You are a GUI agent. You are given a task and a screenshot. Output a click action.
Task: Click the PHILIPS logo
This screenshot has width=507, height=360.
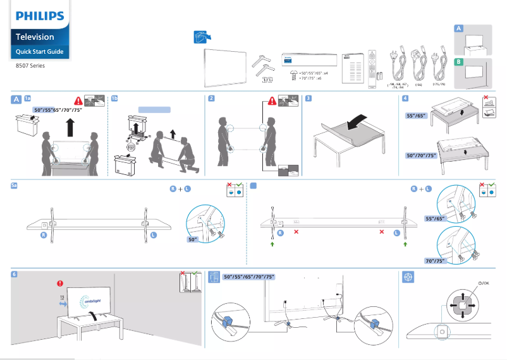(39, 15)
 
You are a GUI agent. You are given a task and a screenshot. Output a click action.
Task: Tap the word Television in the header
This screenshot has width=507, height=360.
(35, 37)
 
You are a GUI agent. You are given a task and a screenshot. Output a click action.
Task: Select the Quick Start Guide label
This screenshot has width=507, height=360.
(39, 51)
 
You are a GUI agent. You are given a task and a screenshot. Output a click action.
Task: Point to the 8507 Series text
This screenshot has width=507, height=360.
(30, 65)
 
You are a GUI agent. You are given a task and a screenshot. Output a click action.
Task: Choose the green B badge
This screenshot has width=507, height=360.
(459, 61)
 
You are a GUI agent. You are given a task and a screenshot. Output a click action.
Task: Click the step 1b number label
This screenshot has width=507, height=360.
(114, 99)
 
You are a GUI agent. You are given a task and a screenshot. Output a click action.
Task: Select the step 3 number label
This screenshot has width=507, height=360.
(307, 99)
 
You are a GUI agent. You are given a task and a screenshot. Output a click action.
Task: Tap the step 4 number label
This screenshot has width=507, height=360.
(405, 99)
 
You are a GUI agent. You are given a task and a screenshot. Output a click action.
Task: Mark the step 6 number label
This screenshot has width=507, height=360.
(15, 275)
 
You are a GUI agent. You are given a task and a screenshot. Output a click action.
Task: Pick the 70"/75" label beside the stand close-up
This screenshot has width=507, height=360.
(436, 260)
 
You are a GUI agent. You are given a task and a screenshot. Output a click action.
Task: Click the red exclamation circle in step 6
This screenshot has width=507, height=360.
(60, 283)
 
